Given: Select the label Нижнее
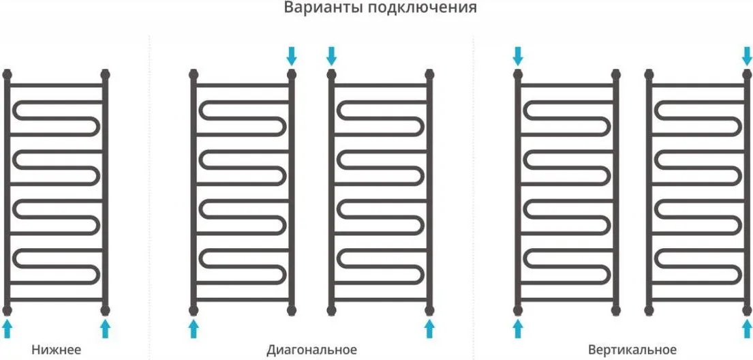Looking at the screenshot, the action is [x=56, y=349].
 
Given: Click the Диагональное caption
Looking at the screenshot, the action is [x=311, y=349].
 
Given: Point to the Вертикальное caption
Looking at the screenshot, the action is [x=632, y=349].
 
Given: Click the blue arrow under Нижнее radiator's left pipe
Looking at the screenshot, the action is [x=7, y=329].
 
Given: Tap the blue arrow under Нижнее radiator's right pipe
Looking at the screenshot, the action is [x=105, y=329].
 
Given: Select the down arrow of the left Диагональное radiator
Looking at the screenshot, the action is [x=292, y=56].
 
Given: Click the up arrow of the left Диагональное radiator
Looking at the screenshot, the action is [x=194, y=329].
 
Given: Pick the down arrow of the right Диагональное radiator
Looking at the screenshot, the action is [x=331, y=56].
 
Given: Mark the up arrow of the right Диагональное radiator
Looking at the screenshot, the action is [x=429, y=329].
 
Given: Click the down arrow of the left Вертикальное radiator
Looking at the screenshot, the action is [x=518, y=56].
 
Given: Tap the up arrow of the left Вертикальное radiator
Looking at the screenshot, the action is [x=518, y=329].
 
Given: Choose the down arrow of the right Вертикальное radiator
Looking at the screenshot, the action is [x=747, y=56].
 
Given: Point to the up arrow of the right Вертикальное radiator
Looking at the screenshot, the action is [x=747, y=329].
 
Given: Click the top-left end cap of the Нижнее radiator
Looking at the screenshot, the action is [x=7, y=74].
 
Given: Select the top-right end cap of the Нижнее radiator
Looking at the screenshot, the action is [x=105, y=74].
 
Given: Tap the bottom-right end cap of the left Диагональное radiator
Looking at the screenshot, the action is [x=292, y=310].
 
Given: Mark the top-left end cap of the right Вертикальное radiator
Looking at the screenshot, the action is [x=649, y=74].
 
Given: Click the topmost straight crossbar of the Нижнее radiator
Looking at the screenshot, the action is [x=56, y=85].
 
